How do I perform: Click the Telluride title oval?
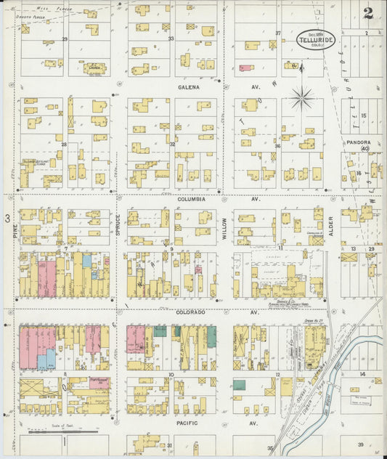(x=316, y=39)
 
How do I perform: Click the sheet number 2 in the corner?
(x=369, y=13)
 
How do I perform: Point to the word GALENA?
(x=189, y=86)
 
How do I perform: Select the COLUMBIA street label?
(x=190, y=198)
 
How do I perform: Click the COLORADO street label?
(x=190, y=312)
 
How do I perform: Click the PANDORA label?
(x=359, y=142)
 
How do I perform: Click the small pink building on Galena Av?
(x=246, y=68)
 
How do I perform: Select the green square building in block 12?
(x=239, y=385)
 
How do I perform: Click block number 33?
(x=171, y=38)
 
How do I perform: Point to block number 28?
(x=64, y=145)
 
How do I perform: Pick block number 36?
(x=277, y=146)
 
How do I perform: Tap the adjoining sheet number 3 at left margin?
(x=6, y=218)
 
